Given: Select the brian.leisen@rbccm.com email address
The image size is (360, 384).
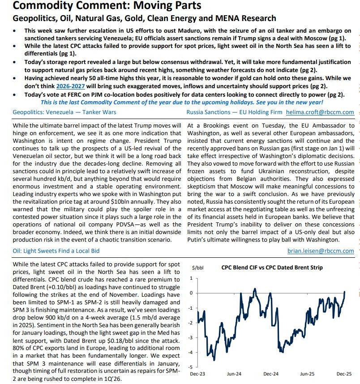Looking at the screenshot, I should click(321, 251).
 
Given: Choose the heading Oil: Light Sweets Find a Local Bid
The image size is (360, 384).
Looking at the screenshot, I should click(50, 251).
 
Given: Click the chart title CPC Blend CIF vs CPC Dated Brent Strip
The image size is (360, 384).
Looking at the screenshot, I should click(272, 268).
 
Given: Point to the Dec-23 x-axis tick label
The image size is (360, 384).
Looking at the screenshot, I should click(197, 373).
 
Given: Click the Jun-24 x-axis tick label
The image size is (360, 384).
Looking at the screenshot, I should click(234, 373).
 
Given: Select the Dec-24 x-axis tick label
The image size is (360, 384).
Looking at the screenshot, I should click(271, 373).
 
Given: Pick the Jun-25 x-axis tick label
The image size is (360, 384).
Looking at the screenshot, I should click(307, 373).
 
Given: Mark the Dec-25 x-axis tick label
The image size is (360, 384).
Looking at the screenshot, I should click(344, 373).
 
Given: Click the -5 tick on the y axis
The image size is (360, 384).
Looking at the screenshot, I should click(191, 367).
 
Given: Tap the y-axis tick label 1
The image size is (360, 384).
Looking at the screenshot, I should click(191, 278).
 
